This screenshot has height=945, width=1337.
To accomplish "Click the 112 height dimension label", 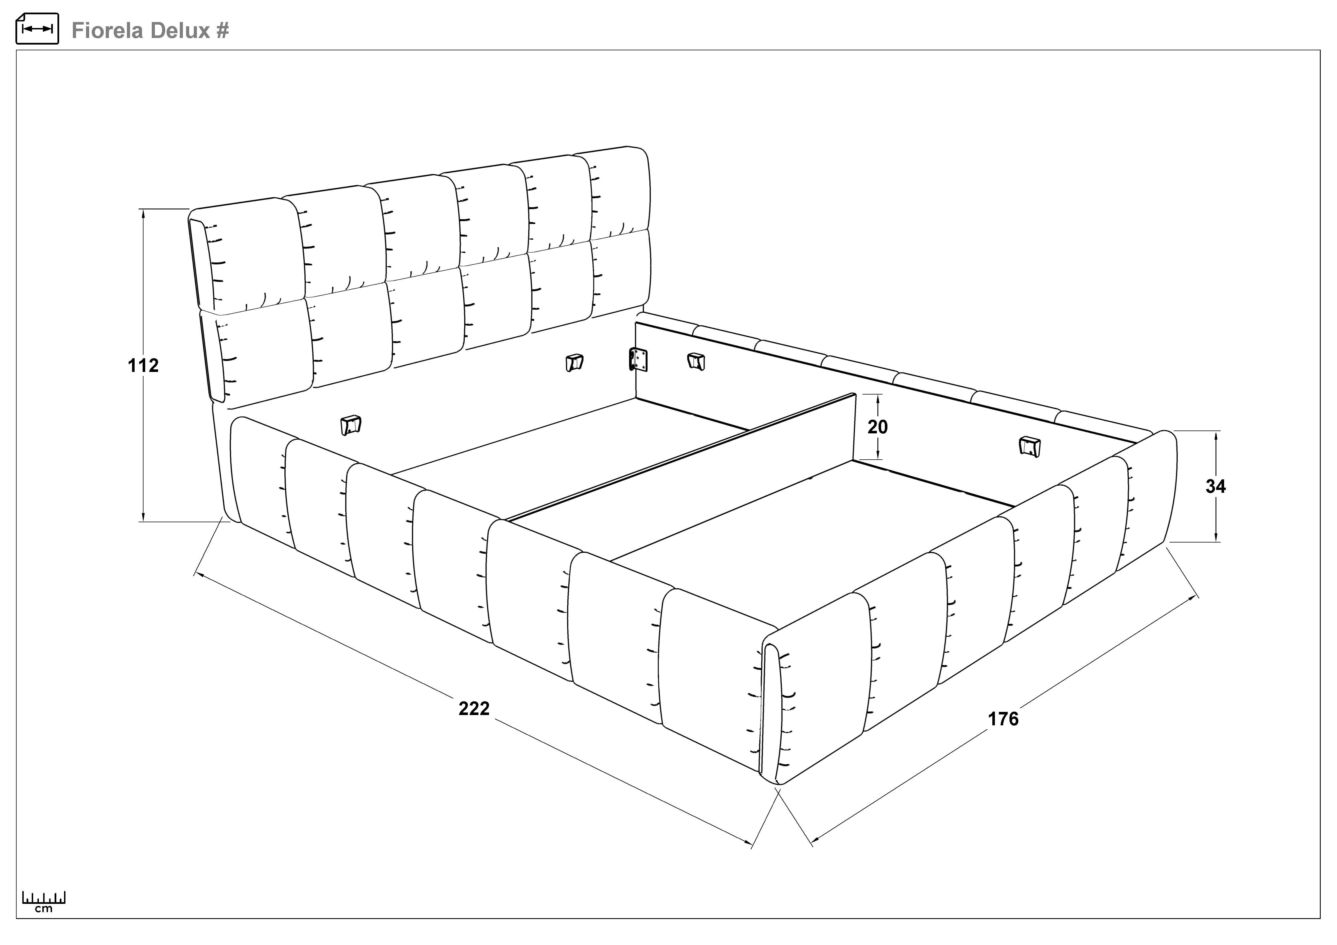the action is coord(143,365).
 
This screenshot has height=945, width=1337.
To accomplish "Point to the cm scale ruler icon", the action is coord(44,901).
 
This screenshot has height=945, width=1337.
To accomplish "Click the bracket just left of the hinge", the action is coord(574,363).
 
